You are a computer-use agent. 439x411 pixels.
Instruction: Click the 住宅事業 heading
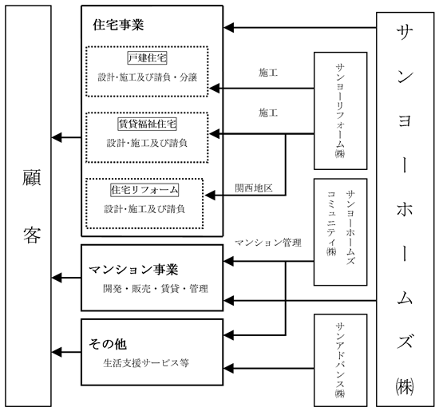[x=118, y=25]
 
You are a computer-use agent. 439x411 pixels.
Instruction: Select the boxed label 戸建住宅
[x=148, y=58]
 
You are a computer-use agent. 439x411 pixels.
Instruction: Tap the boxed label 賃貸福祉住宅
[x=148, y=124]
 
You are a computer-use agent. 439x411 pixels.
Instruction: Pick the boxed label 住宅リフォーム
[x=144, y=190]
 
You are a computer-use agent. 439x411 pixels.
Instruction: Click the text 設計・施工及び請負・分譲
[x=148, y=77]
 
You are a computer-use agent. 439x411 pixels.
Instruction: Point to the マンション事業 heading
[x=133, y=270]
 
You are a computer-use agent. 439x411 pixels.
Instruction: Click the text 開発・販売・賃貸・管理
[x=156, y=289]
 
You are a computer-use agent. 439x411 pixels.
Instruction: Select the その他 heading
[x=108, y=344]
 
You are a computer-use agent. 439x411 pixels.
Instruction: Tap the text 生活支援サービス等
[x=146, y=363]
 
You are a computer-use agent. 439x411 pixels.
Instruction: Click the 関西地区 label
[x=254, y=188]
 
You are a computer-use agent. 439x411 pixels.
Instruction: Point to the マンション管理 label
[x=268, y=243]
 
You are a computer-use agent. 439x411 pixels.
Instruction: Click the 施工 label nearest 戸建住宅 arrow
[x=268, y=73]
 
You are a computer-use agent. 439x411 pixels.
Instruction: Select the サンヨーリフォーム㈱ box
[x=341, y=111]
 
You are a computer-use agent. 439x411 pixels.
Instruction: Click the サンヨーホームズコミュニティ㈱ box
[x=341, y=232]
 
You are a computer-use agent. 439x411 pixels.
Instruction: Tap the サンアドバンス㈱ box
[x=341, y=361]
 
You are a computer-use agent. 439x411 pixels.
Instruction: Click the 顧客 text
[x=32, y=206]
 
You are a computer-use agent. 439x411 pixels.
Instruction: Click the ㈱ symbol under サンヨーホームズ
[x=405, y=387]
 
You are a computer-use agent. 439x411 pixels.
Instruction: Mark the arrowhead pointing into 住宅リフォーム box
[x=210, y=196]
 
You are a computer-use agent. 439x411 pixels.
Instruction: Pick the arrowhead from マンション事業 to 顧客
[x=57, y=278]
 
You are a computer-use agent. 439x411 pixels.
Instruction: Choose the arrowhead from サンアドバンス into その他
[x=229, y=369]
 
